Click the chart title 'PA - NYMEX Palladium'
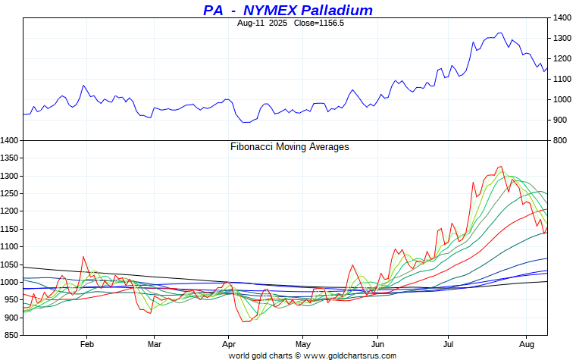288,10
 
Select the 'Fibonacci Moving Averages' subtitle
290,146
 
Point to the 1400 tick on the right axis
562,17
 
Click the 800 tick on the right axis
559,140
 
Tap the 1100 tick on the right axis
562,79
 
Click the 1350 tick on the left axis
10,158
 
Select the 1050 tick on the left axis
10,265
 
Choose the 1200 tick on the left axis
10,211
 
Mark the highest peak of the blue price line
499,33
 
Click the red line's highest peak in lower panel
500,167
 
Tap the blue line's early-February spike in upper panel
83,85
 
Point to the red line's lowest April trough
245,322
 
